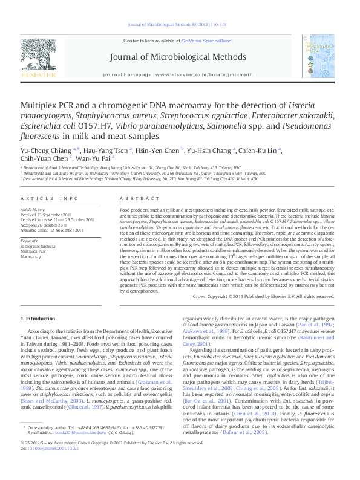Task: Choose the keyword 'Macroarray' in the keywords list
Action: (x=31, y=256)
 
